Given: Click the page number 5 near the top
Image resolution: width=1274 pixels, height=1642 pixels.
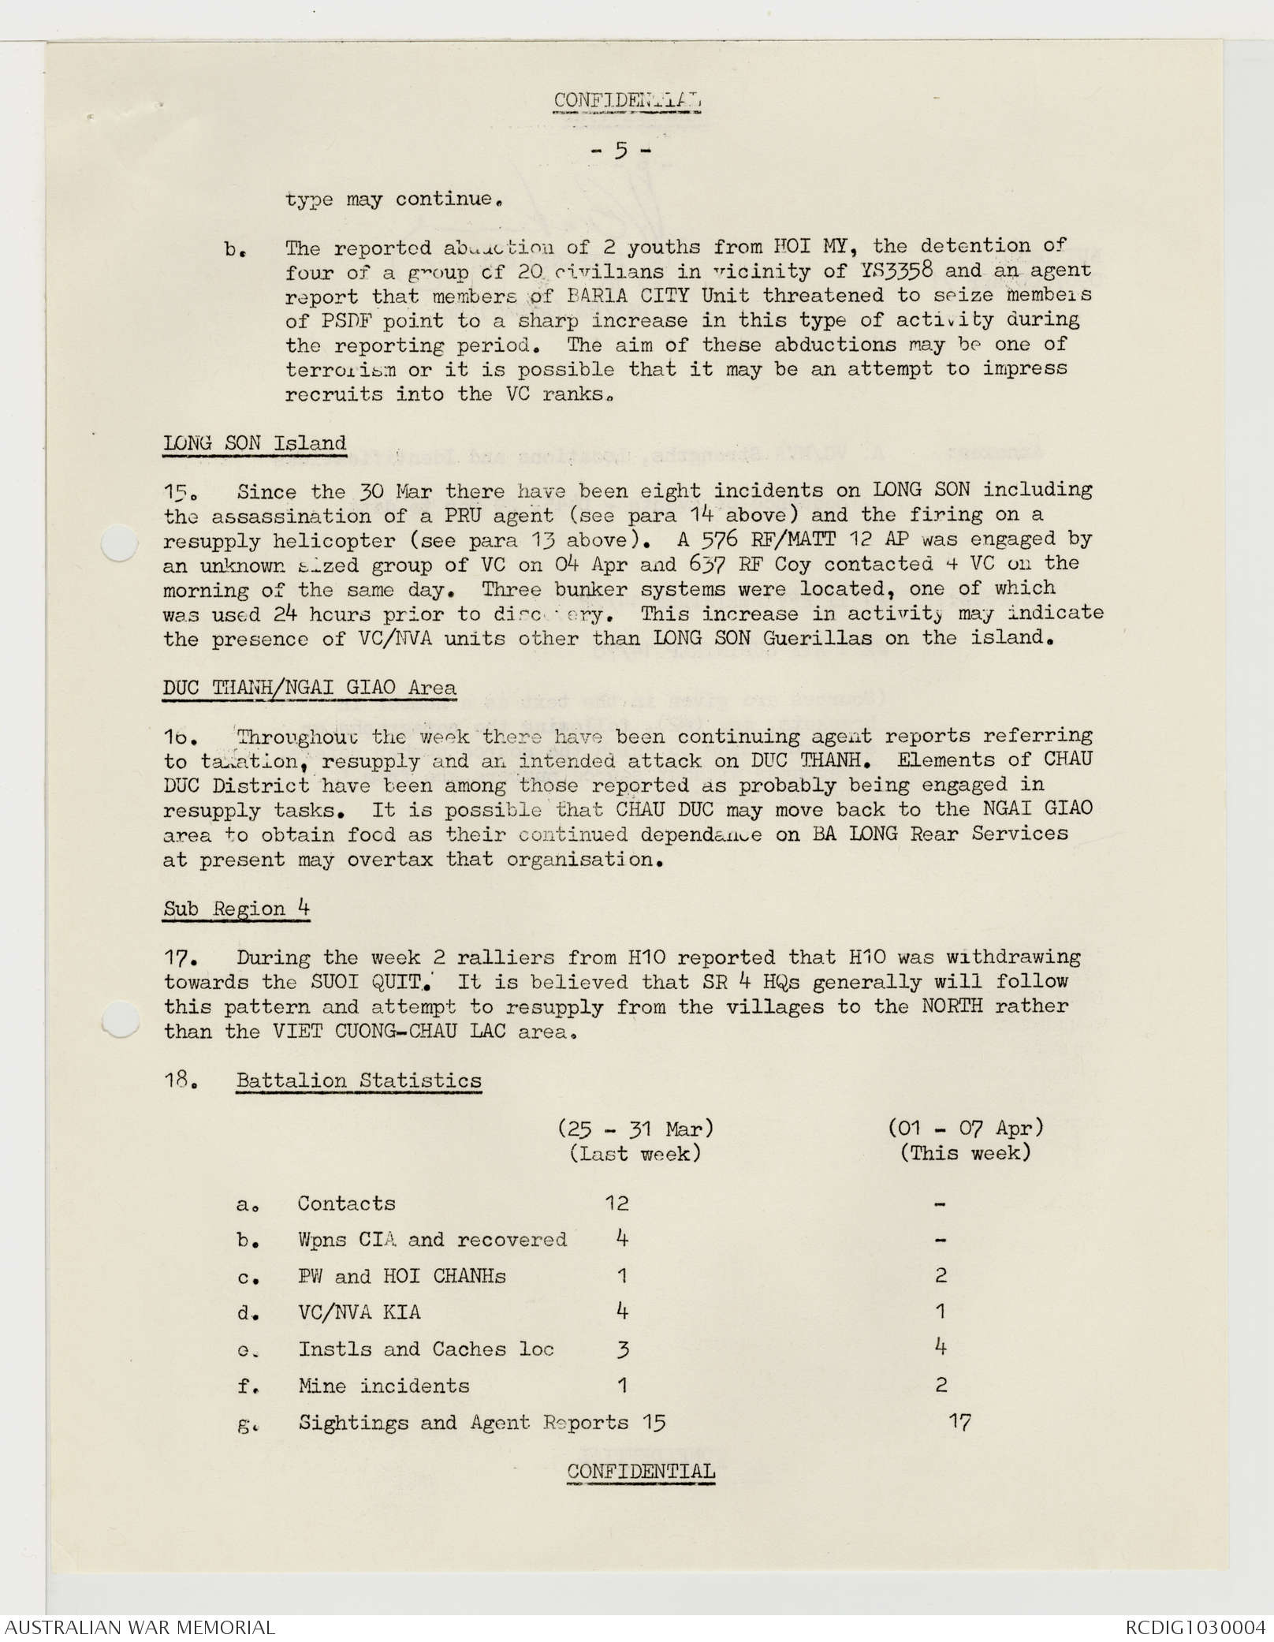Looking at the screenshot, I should (x=621, y=150).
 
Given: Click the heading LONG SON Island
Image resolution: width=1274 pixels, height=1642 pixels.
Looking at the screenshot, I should (x=255, y=443).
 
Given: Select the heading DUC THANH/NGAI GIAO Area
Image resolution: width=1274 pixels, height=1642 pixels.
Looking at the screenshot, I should (x=309, y=688).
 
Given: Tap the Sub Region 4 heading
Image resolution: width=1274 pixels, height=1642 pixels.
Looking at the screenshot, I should (x=237, y=909).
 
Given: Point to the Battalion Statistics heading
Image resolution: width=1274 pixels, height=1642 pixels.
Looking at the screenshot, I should (x=359, y=1080).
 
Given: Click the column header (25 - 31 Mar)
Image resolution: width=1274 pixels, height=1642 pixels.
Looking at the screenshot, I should (x=635, y=1129).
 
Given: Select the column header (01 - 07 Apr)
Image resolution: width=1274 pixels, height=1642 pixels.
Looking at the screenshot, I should (x=966, y=1128).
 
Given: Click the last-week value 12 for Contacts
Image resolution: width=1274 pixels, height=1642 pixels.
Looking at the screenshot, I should (x=617, y=1204).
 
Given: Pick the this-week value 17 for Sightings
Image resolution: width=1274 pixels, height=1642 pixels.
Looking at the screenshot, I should (x=959, y=1422).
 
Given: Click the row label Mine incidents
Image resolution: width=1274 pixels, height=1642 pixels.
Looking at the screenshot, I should (x=383, y=1386).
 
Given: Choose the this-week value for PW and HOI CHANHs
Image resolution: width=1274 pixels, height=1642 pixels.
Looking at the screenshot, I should (x=941, y=1276).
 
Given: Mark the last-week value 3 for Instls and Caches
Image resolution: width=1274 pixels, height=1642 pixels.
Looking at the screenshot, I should (x=623, y=1349).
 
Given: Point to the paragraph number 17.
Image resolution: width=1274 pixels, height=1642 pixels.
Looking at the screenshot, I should (x=179, y=958).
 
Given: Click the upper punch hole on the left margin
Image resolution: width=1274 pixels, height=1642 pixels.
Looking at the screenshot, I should (x=119, y=543).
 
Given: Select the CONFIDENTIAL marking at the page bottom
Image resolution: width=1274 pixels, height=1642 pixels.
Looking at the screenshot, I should (x=640, y=1472).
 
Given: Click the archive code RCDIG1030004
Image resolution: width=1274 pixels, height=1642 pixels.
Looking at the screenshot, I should (x=1194, y=1628).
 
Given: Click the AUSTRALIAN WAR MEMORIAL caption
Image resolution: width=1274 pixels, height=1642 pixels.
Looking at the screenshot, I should (x=140, y=1628).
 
